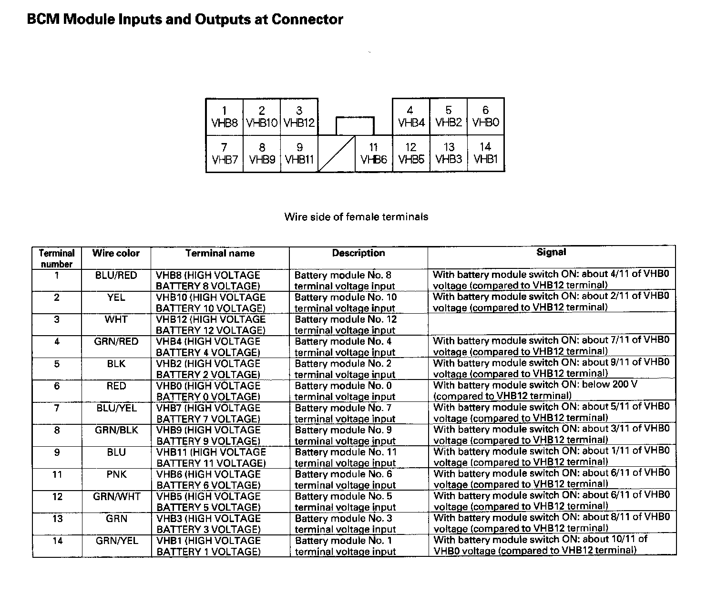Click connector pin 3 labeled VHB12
pyautogui.click(x=299, y=117)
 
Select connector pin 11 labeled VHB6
pyautogui.click(x=374, y=154)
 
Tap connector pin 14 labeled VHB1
pyautogui.click(x=485, y=154)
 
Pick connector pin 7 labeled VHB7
pyautogui.click(x=224, y=154)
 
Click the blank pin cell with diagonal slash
pyautogui.click(x=337, y=154)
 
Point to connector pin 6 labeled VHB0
pyautogui.click(x=485, y=117)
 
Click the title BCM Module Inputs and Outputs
pyautogui.click(x=185, y=20)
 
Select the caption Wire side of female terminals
pyautogui.click(x=356, y=217)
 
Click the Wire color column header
pyautogui.click(x=116, y=253)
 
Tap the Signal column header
pyautogui.click(x=551, y=252)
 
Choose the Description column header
pyautogui.click(x=358, y=253)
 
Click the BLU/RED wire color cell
pyautogui.click(x=116, y=276)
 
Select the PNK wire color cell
pyautogui.click(x=116, y=474)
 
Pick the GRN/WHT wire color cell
pyautogui.click(x=116, y=496)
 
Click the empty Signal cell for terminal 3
pyautogui.click(x=551, y=325)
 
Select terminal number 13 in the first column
pyautogui.click(x=57, y=518)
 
